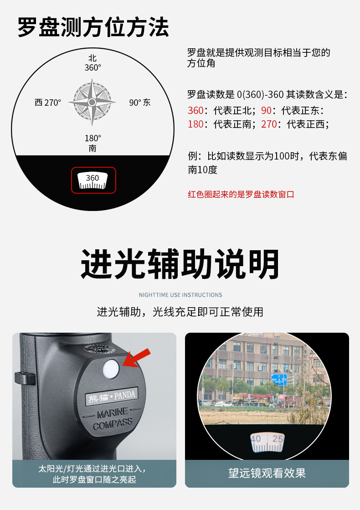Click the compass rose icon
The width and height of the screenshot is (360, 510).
point(92,102)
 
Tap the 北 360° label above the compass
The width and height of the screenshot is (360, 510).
point(93,63)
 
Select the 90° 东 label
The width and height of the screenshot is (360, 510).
point(140,103)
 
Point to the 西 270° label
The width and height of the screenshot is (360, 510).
point(48,103)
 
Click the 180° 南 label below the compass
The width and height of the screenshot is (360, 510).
point(93,143)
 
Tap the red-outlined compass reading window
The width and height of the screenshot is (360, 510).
point(94,180)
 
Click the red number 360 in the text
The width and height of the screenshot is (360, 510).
point(195,111)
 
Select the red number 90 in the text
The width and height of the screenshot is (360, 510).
point(266,111)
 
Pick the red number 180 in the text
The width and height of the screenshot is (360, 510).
point(195,124)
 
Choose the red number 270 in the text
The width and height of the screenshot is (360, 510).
point(269,124)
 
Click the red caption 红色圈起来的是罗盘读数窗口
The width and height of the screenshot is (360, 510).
point(241,194)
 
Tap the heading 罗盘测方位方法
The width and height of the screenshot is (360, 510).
point(93,27)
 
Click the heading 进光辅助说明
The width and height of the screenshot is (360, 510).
point(180,264)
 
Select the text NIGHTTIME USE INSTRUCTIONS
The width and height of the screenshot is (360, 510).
point(180,295)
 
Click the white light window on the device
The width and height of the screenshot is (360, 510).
point(111,369)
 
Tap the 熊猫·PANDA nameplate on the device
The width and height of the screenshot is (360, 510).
point(111,396)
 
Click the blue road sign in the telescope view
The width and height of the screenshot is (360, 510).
point(279,379)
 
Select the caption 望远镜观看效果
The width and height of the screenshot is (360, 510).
point(267,473)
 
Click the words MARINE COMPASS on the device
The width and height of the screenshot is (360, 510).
point(113,418)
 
